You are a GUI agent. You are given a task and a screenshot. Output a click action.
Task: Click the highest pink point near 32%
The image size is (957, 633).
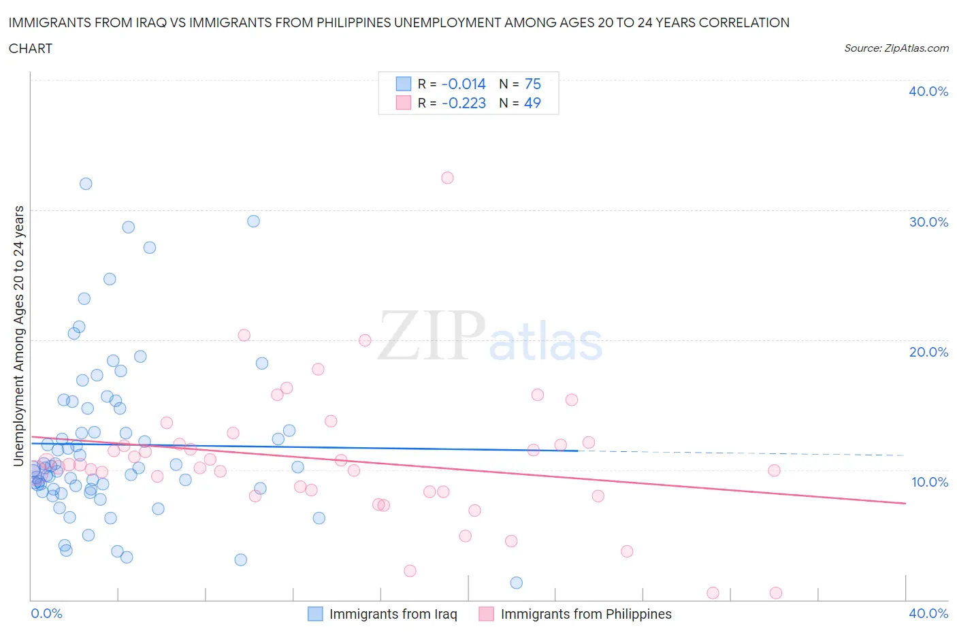pos(447,178)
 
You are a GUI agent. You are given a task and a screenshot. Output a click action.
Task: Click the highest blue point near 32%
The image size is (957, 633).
pos(86,184)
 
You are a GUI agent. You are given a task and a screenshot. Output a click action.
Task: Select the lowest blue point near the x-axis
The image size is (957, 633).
pos(517,583)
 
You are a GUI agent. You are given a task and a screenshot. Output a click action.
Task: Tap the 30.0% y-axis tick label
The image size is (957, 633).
pos(928,222)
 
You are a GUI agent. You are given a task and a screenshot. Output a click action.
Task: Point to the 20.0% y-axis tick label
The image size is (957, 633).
pos(928,352)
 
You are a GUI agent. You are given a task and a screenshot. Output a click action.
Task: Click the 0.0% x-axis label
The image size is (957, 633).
pos(46,613)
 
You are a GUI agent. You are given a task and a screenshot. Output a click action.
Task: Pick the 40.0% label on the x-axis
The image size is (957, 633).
pos(928,613)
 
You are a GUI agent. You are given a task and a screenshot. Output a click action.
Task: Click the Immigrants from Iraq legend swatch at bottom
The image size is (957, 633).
pos(315,614)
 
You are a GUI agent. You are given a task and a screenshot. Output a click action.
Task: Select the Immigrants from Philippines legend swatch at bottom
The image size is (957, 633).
pos(486,614)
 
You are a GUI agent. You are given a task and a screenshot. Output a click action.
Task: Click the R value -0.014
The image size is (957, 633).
pos(464,84)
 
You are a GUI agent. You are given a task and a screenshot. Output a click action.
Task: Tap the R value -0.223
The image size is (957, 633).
pos(464,103)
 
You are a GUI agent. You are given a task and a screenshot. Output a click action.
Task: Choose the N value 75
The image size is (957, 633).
pos(532,84)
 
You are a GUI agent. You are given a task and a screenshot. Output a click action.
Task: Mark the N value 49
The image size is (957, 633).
pos(532,103)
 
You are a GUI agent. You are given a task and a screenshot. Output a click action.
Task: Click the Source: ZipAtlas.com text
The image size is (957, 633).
pos(896,48)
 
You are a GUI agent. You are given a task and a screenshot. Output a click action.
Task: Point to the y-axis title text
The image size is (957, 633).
pos(18,336)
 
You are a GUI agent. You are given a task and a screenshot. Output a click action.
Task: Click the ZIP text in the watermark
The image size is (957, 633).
pos(431,336)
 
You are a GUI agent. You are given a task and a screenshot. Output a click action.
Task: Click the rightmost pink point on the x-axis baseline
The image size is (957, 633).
pos(775,593)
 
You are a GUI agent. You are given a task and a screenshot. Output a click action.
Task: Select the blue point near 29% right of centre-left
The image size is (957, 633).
pos(253,221)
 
